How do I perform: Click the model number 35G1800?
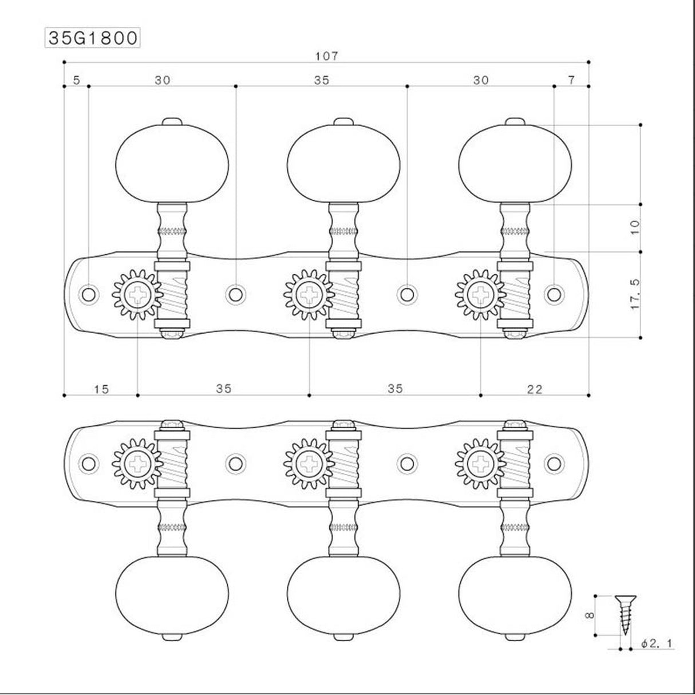click(92, 38)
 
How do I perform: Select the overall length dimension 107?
click(327, 56)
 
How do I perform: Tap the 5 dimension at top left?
click(76, 80)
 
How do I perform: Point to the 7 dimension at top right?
click(571, 80)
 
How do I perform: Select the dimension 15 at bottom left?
click(101, 389)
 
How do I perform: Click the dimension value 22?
click(535, 389)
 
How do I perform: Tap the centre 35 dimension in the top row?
click(322, 80)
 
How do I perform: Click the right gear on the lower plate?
click(480, 461)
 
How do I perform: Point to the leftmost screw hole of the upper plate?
click(89, 294)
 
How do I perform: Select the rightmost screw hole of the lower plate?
click(554, 462)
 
